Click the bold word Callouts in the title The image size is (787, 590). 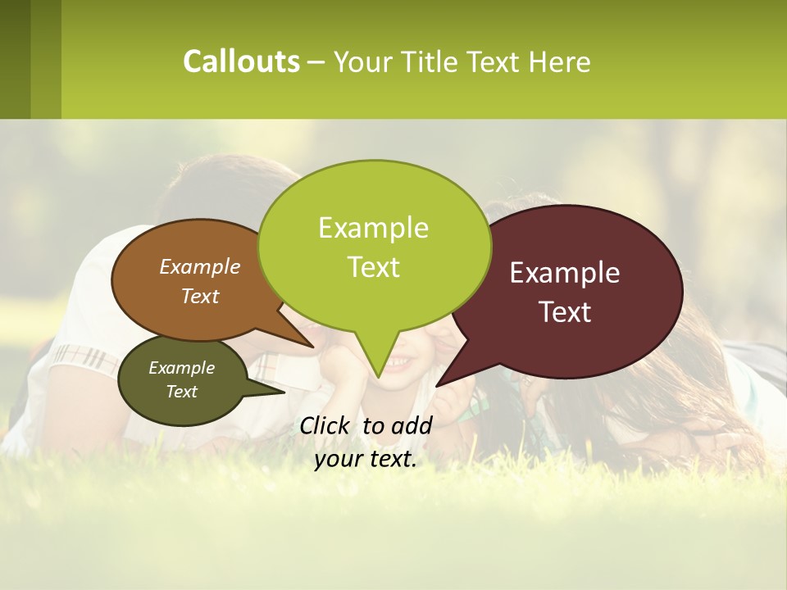241,61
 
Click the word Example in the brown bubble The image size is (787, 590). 200,266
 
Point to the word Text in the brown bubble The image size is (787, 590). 200,296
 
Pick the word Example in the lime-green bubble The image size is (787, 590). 373,228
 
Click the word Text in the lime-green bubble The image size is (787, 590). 374,267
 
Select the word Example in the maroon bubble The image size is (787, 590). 565,273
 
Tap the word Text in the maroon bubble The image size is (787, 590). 566,312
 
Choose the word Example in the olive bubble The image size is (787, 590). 181,368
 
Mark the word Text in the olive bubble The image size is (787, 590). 181,392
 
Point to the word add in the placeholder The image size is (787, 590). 412,425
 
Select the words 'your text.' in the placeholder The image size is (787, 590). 366,460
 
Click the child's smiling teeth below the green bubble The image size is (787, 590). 398,361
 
